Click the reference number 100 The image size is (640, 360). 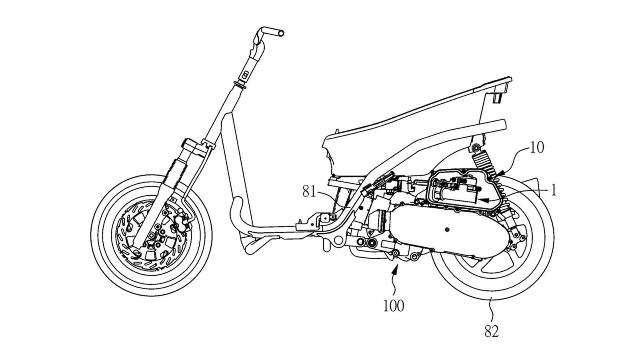(394, 306)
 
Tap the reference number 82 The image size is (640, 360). (492, 332)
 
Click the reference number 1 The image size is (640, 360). (554, 191)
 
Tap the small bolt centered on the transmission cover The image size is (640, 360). (447, 230)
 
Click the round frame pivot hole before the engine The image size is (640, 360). (338, 240)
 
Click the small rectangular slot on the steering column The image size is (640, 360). (245, 74)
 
